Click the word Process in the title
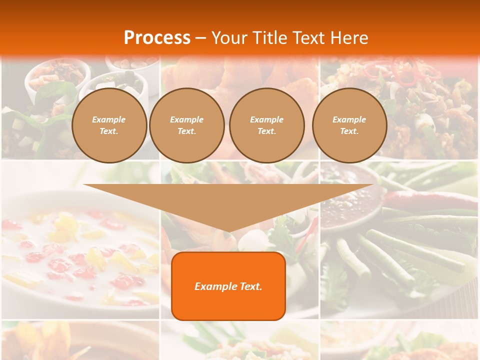[157, 38]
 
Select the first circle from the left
[109, 125]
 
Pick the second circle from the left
[186, 125]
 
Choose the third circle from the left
[266, 125]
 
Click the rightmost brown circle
[349, 125]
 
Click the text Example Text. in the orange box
[228, 286]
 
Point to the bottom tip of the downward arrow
[228, 232]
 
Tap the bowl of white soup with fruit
[75, 255]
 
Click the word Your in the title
[228, 38]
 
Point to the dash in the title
[200, 38]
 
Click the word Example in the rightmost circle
[349, 119]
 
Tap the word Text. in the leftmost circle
[109, 131]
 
